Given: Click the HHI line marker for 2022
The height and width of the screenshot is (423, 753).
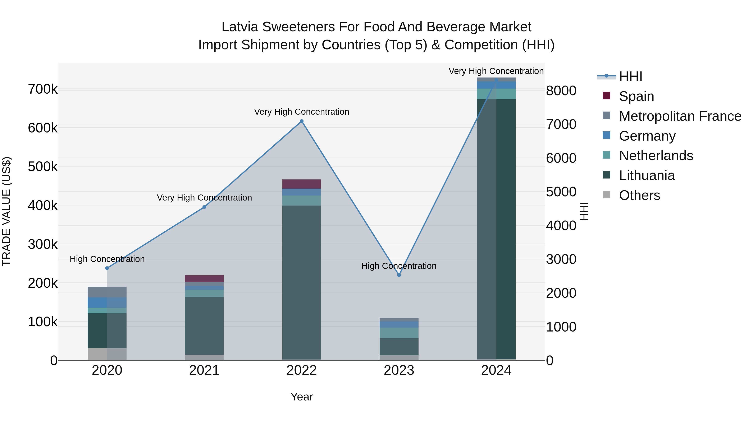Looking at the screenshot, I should (302, 121).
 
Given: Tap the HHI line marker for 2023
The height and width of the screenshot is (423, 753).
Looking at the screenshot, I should (399, 275).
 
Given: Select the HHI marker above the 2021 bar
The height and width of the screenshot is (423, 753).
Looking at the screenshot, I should (204, 207).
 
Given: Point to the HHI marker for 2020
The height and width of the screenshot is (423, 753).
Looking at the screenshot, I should (107, 268).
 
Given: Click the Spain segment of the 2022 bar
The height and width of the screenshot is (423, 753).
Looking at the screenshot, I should (302, 184).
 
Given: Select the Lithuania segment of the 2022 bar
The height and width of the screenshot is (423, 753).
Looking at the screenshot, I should (302, 282).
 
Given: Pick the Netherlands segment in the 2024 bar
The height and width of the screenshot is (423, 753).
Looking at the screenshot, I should (496, 94).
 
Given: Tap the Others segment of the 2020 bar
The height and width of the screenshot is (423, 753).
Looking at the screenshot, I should (107, 354).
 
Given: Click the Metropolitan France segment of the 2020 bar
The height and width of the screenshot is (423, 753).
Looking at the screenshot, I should (107, 292).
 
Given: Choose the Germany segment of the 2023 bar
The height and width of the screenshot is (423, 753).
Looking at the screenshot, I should (399, 324).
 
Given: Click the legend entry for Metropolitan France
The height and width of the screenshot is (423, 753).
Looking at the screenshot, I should (680, 116).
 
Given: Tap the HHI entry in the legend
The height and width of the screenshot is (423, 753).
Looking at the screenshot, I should (630, 76).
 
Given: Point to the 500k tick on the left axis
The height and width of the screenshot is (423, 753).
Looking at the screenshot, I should (43, 167).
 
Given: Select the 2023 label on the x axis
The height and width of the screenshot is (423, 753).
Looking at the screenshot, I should (399, 370).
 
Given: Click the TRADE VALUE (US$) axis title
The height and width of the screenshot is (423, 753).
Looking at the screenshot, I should (6, 211).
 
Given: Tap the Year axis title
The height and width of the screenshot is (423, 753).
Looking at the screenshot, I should (302, 397).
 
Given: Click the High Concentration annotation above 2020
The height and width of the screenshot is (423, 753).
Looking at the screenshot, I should (107, 259).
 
